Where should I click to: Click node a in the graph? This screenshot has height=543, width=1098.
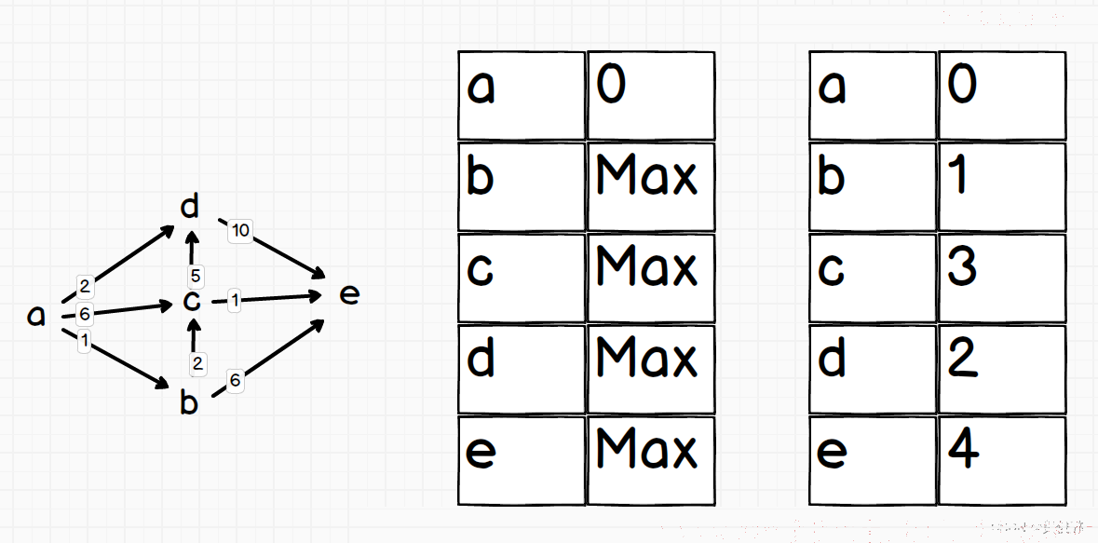(35, 316)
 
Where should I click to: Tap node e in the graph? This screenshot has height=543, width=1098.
(348, 295)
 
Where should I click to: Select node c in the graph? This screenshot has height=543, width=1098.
(191, 301)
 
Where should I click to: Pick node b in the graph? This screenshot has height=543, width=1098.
(188, 402)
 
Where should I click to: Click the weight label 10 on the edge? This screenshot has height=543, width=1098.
(240, 230)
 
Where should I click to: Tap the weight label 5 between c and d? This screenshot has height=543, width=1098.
(196, 276)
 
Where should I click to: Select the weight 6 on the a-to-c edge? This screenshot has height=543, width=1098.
(85, 315)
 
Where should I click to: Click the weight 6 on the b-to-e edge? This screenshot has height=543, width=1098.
(235, 380)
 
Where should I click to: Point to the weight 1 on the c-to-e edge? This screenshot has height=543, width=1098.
(235, 301)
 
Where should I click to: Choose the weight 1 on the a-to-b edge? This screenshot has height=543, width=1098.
(85, 341)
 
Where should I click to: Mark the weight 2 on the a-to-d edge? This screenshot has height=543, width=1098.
(85, 286)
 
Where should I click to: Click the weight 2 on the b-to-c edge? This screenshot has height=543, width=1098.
(197, 363)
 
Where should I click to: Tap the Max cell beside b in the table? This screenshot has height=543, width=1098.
(651, 186)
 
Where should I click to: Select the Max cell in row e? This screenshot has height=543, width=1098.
(651, 460)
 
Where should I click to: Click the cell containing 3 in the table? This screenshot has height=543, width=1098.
(1002, 278)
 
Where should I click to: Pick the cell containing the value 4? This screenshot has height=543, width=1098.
(1002, 460)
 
